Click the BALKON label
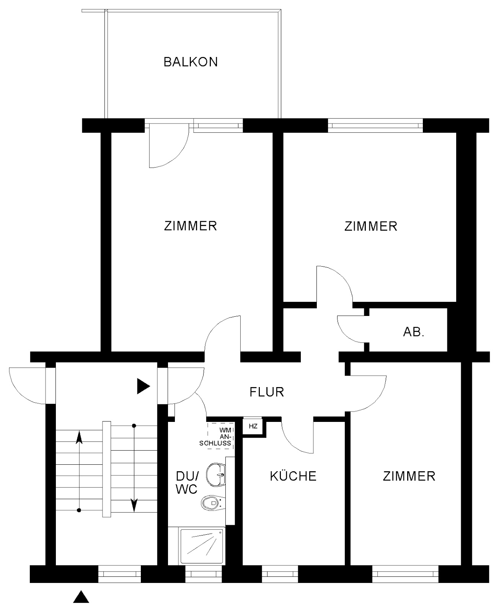(191, 62)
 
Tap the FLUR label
(267, 392)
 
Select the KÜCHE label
(293, 476)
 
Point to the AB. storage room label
(414, 332)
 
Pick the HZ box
(253, 426)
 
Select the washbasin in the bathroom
(215, 475)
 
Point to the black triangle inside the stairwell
(144, 386)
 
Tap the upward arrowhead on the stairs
(79, 437)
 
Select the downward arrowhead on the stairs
(134, 505)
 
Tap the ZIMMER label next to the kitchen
(409, 476)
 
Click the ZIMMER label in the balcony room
(190, 226)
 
